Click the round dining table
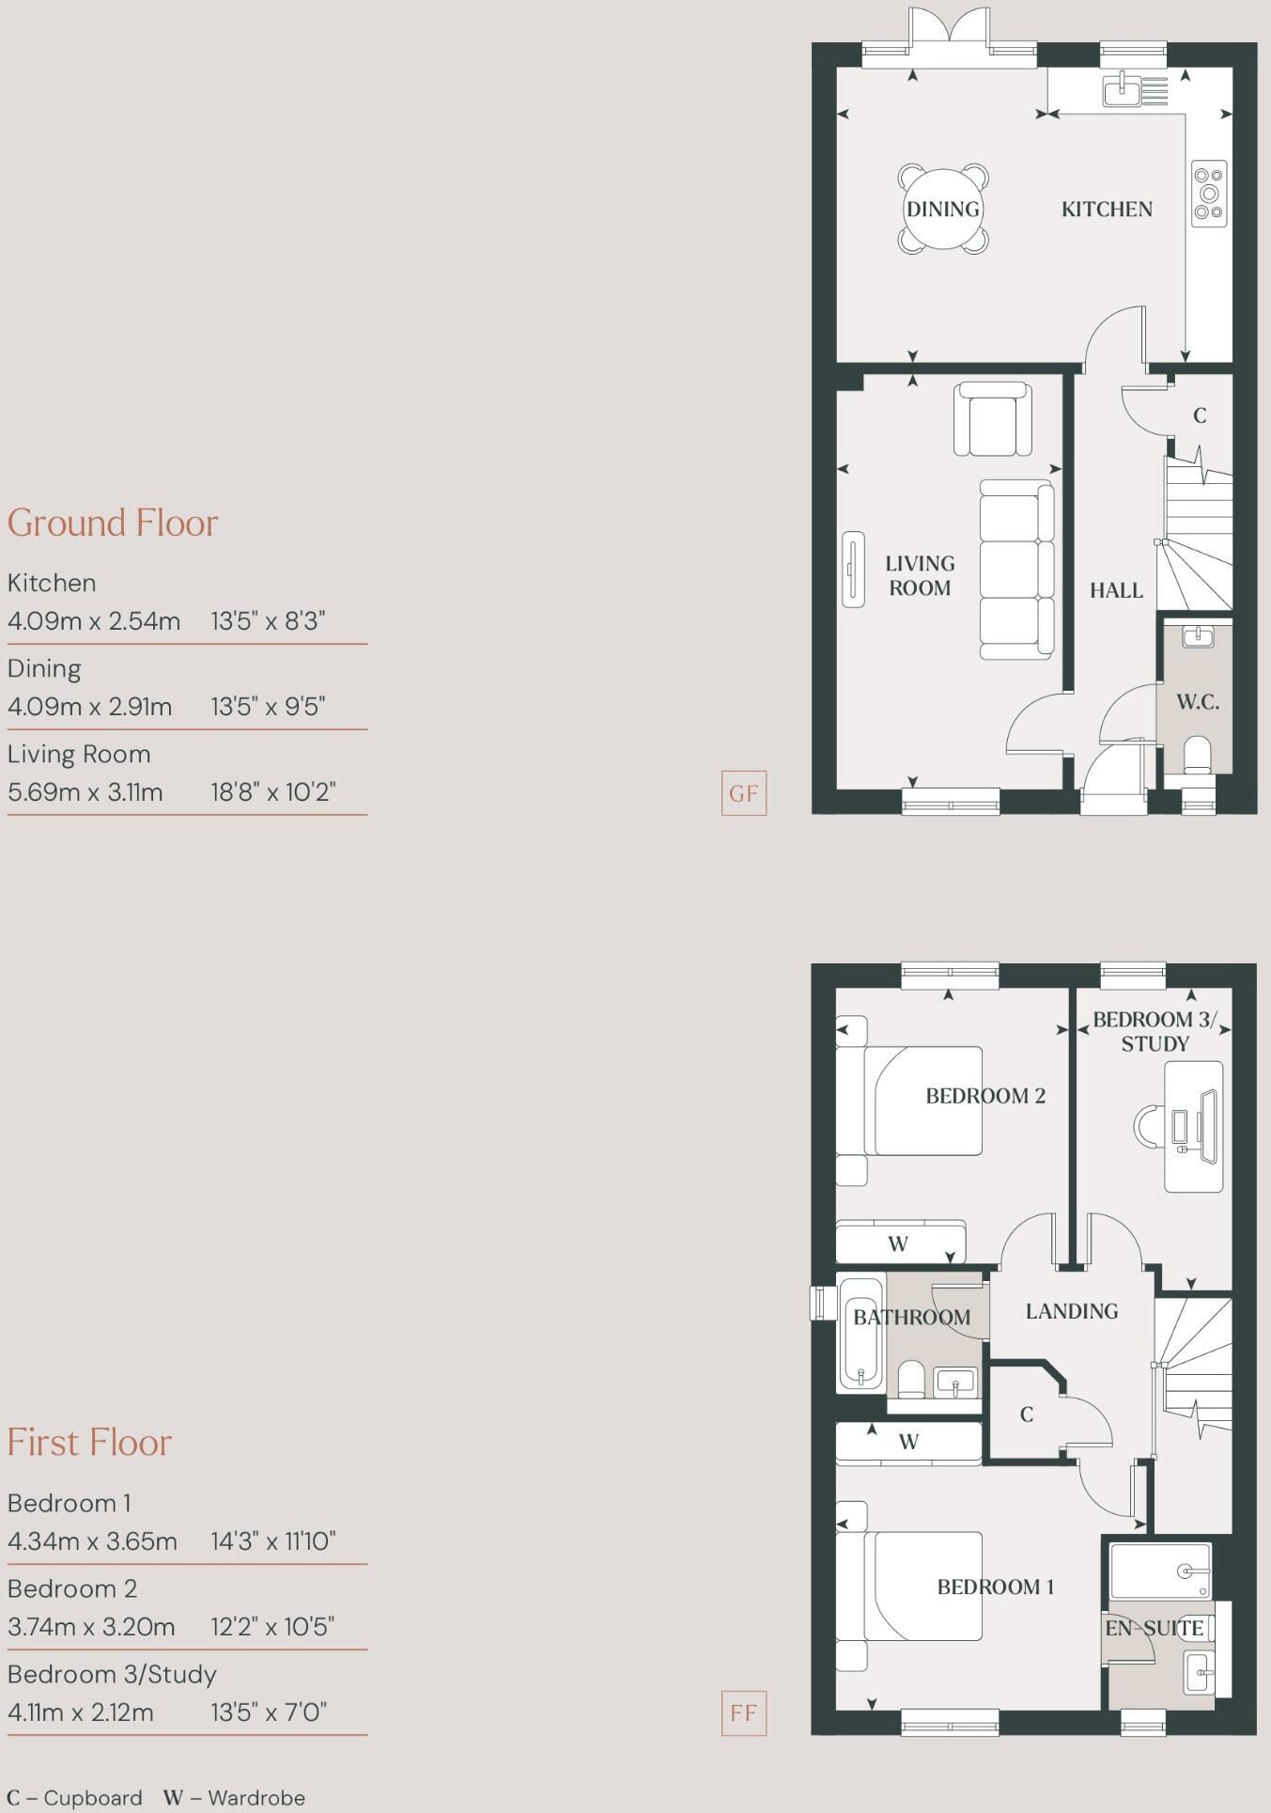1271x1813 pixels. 942,209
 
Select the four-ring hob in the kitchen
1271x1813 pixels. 1209,194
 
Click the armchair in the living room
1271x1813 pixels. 992,419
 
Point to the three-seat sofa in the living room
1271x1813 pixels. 1015,570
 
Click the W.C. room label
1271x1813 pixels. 1198,702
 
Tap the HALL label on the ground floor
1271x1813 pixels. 1116,590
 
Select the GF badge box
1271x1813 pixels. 743,793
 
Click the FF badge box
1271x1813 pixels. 743,1712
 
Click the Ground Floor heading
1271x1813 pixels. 113,523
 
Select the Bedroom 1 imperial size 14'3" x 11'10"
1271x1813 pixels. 272,1541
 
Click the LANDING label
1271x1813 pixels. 1071,1311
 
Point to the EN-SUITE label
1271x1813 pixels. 1154,1628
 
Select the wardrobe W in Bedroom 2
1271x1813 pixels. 899,1243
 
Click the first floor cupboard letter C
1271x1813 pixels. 1026,1414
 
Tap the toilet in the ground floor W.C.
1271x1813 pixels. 1197,755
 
